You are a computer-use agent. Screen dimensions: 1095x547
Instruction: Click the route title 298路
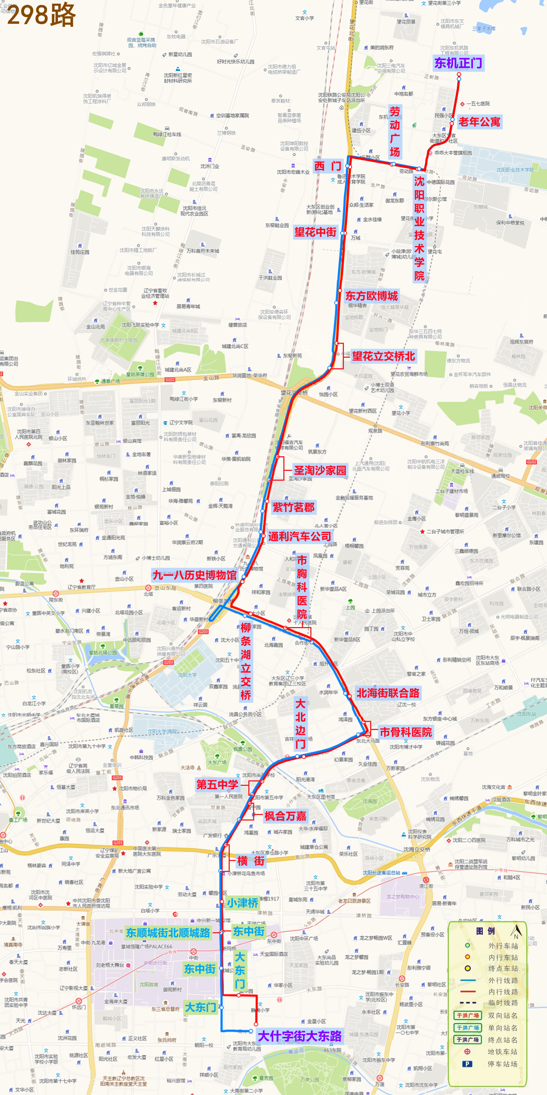(41, 15)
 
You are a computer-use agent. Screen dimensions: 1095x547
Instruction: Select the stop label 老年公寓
(479, 122)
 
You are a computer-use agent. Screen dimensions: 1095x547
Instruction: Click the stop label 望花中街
(315, 232)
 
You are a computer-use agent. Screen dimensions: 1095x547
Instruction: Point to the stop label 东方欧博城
(372, 296)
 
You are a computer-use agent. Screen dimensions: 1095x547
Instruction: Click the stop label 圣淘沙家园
(320, 470)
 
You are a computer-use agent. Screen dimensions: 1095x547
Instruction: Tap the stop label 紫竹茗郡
(294, 507)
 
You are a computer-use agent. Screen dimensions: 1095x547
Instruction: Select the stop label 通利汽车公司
(299, 537)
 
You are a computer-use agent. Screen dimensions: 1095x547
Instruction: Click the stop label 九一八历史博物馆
(194, 575)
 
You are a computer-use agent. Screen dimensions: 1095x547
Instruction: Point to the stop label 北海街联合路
(388, 693)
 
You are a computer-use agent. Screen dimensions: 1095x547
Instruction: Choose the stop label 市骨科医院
(406, 732)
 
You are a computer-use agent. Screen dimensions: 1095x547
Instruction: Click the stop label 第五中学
(217, 785)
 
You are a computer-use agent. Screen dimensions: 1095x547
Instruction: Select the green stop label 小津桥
(242, 903)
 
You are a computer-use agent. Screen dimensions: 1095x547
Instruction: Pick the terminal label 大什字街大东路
(299, 1036)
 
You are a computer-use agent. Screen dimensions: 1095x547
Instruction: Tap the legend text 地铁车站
(503, 1052)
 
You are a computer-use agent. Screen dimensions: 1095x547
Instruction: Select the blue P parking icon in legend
(467, 1064)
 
